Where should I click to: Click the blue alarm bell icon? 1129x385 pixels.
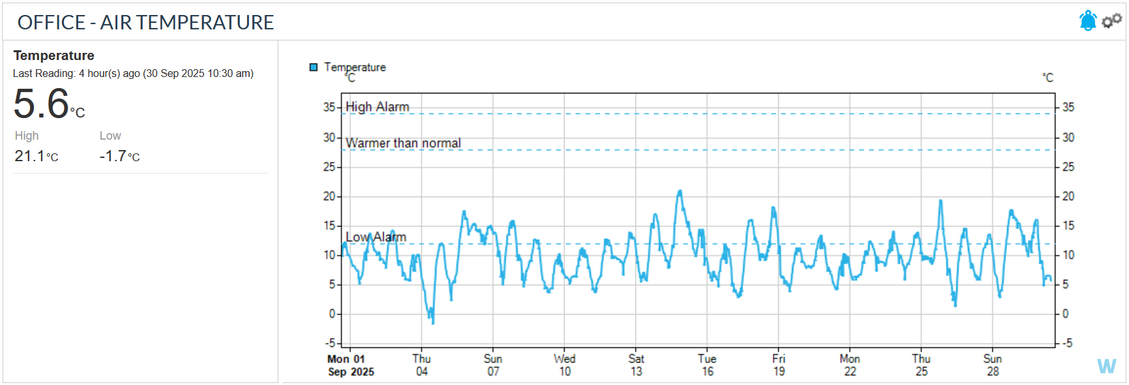pyautogui.click(x=1087, y=21)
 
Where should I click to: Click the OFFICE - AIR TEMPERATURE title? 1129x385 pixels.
pyautogui.click(x=145, y=22)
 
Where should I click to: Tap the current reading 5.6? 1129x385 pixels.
pyautogui.click(x=42, y=104)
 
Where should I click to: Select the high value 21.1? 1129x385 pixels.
pyautogui.click(x=30, y=156)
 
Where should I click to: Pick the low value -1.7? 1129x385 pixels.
pyautogui.click(x=113, y=156)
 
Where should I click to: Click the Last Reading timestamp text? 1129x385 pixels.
pyautogui.click(x=133, y=73)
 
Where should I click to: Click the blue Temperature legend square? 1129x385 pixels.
pyautogui.click(x=314, y=67)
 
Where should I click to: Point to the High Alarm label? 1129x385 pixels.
pyautogui.click(x=377, y=106)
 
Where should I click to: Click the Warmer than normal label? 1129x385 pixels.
pyautogui.click(x=403, y=143)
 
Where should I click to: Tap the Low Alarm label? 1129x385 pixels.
pyautogui.click(x=375, y=237)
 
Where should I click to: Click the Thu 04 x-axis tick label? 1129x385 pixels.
pyautogui.click(x=422, y=365)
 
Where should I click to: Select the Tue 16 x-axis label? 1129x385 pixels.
pyautogui.click(x=707, y=365)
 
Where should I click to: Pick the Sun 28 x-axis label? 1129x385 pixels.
pyautogui.click(x=993, y=365)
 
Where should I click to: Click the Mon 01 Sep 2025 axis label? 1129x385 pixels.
pyautogui.click(x=350, y=365)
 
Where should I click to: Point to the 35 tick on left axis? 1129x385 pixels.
pyautogui.click(x=329, y=107)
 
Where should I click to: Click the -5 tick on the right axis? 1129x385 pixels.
pyautogui.click(x=1066, y=343)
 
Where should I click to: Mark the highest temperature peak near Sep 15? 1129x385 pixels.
pyautogui.click(x=680, y=191)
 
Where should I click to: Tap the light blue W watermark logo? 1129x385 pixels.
pyautogui.click(x=1106, y=366)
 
